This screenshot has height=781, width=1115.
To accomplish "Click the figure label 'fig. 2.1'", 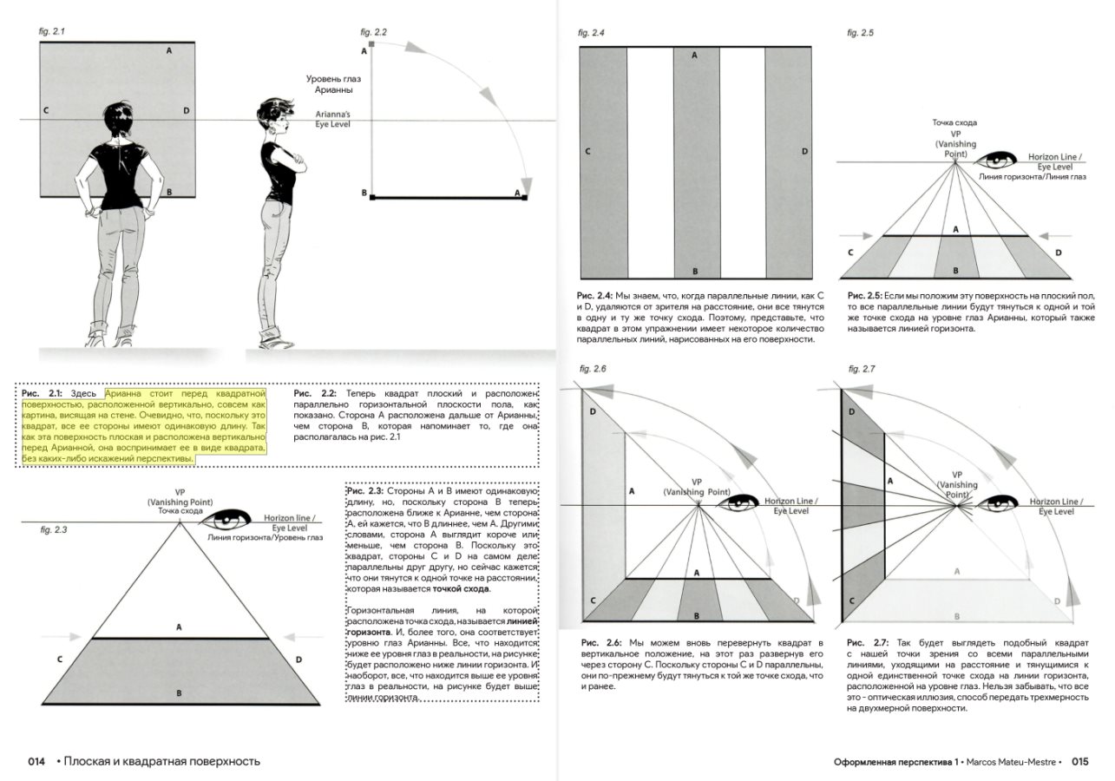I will coord(53,31).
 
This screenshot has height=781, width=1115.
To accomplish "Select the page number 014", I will coord(36,762).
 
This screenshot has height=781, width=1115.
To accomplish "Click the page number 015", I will coord(1079,762).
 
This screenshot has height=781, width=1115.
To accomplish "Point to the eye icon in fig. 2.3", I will coord(230,521).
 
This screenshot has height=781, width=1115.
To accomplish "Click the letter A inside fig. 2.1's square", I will coord(168,51).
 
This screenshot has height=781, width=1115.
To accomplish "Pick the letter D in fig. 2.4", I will coord(805,152).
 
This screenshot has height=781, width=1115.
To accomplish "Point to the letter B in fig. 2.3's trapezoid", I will coord(179,692).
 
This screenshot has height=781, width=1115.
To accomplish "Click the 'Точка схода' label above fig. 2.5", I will coord(954,122).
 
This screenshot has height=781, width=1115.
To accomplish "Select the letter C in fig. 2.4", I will coord(587,152).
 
